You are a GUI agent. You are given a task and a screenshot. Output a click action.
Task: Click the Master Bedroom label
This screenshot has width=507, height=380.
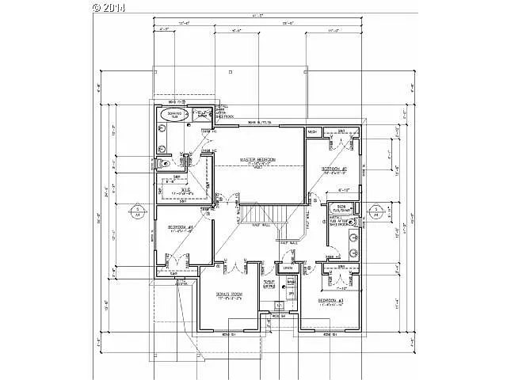pyautogui.click(x=258, y=160)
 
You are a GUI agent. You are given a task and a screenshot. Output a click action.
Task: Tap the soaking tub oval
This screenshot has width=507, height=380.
pyautogui.click(x=173, y=115)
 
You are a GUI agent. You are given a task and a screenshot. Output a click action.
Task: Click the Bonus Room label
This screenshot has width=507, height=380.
pyautogui.click(x=230, y=294)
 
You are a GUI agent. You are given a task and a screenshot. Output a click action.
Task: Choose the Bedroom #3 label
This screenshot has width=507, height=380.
pyautogui.click(x=331, y=302)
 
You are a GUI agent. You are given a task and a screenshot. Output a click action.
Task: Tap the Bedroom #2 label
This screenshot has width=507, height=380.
pyautogui.click(x=334, y=169)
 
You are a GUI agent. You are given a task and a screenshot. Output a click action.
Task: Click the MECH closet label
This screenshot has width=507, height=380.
pyautogui.click(x=312, y=131)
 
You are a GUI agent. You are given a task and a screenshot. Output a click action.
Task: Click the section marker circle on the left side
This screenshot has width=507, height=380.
pyautogui.click(x=137, y=210)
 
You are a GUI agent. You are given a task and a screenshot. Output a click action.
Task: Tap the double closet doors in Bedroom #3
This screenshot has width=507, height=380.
pyautogui.click(x=331, y=277)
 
